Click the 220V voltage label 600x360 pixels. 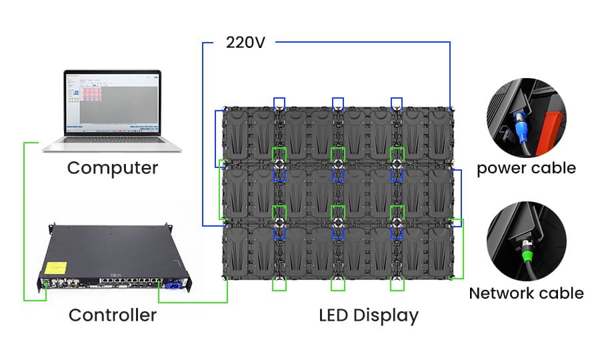tap(245, 43)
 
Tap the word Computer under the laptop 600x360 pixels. tap(113, 167)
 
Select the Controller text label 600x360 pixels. tap(113, 315)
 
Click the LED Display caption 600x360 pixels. tap(369, 315)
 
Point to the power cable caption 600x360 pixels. tap(526, 167)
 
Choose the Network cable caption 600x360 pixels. tap(526, 293)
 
